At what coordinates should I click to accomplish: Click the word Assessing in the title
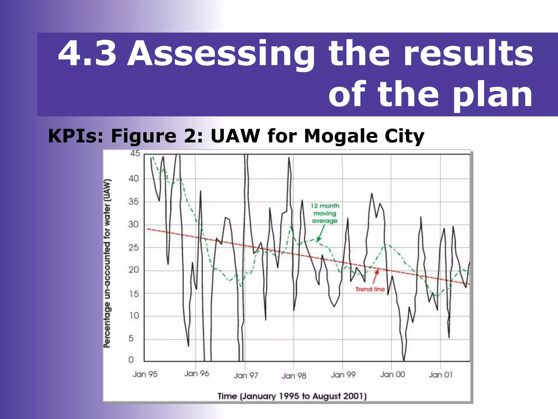point(221,53)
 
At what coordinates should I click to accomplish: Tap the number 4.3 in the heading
point(87,53)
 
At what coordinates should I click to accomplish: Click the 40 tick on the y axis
point(134,179)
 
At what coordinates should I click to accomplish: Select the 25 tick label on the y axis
point(134,248)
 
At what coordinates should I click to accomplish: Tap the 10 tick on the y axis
point(134,316)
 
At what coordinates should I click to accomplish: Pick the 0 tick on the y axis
point(131,360)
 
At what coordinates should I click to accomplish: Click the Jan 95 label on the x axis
point(145,374)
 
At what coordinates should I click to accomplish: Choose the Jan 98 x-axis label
point(294,376)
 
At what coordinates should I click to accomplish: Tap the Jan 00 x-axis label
point(392,375)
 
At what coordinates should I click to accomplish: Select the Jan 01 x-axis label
point(440,375)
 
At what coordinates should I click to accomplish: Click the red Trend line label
point(370,289)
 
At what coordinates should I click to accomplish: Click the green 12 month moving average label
point(325,213)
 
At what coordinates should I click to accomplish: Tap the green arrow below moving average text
point(320,234)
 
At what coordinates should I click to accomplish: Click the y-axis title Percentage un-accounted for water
point(108,263)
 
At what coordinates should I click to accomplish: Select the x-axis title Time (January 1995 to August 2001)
point(292,396)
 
